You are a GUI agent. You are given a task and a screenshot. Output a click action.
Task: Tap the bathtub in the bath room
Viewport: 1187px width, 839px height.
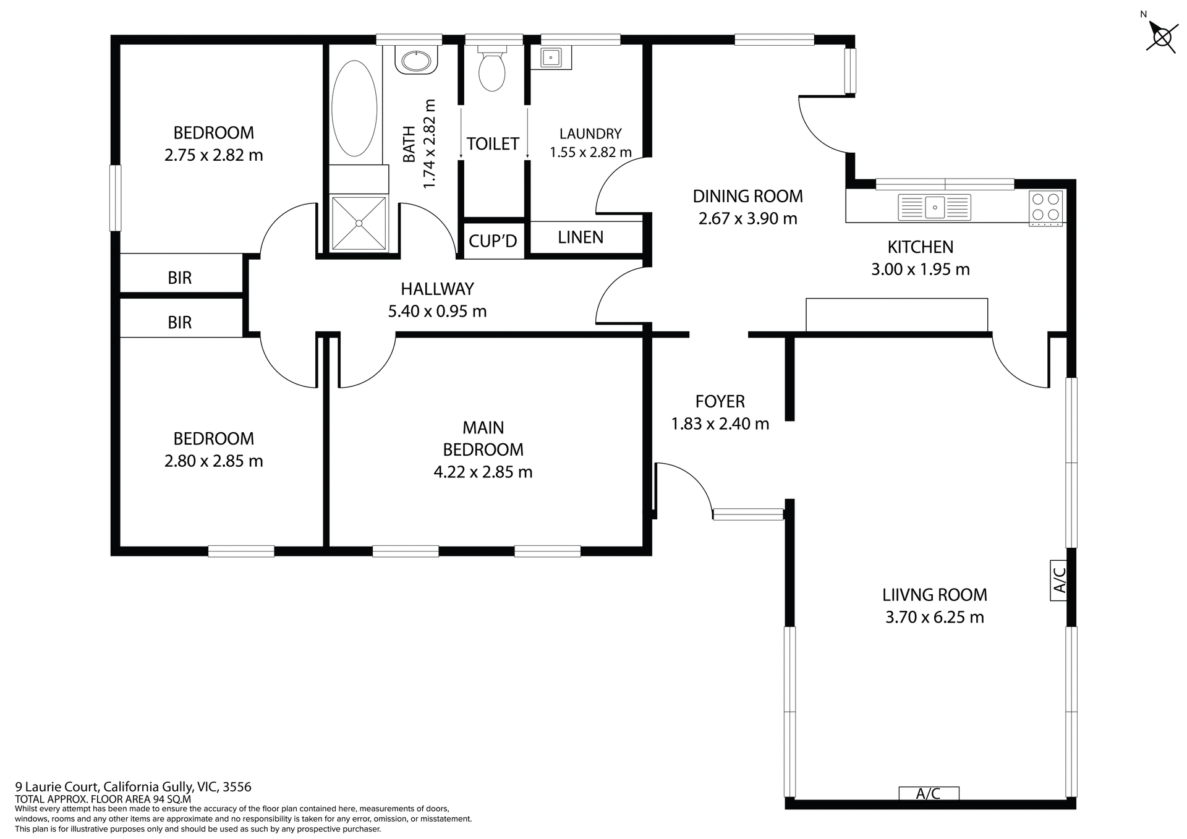coord(354,109)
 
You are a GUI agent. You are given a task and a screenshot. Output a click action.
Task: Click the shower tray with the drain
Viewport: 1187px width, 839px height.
coord(359,223)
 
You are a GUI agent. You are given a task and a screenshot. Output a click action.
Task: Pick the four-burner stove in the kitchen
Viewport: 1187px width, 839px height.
coord(1045,208)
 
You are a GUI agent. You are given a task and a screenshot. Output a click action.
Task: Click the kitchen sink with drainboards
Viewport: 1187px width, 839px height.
coord(934,207)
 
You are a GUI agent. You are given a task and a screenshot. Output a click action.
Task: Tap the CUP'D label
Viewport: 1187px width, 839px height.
coord(493,241)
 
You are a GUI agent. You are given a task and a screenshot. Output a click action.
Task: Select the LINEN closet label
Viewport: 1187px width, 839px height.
coord(581,237)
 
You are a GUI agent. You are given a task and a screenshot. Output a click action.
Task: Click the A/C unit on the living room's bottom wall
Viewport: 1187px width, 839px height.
coord(929,793)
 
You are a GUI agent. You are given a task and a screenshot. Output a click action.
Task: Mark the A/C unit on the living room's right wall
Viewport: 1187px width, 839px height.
coord(1058,580)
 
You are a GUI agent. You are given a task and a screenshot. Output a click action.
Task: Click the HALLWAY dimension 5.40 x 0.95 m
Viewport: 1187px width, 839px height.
coord(437,311)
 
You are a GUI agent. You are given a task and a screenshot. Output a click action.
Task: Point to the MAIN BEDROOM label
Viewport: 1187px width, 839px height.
coord(483,438)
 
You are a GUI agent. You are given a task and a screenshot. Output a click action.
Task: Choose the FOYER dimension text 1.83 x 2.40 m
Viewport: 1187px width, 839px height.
coord(720,424)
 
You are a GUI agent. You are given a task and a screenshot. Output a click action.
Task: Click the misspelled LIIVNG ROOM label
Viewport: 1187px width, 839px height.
coord(934,595)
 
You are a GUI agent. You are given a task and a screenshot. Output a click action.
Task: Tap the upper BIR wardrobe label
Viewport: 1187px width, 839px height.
coord(180,278)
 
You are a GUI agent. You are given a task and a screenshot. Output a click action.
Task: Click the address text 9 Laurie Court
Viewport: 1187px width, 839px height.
coord(133,787)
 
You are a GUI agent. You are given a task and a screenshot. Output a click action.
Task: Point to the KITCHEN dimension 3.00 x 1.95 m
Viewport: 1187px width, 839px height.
coord(920,269)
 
